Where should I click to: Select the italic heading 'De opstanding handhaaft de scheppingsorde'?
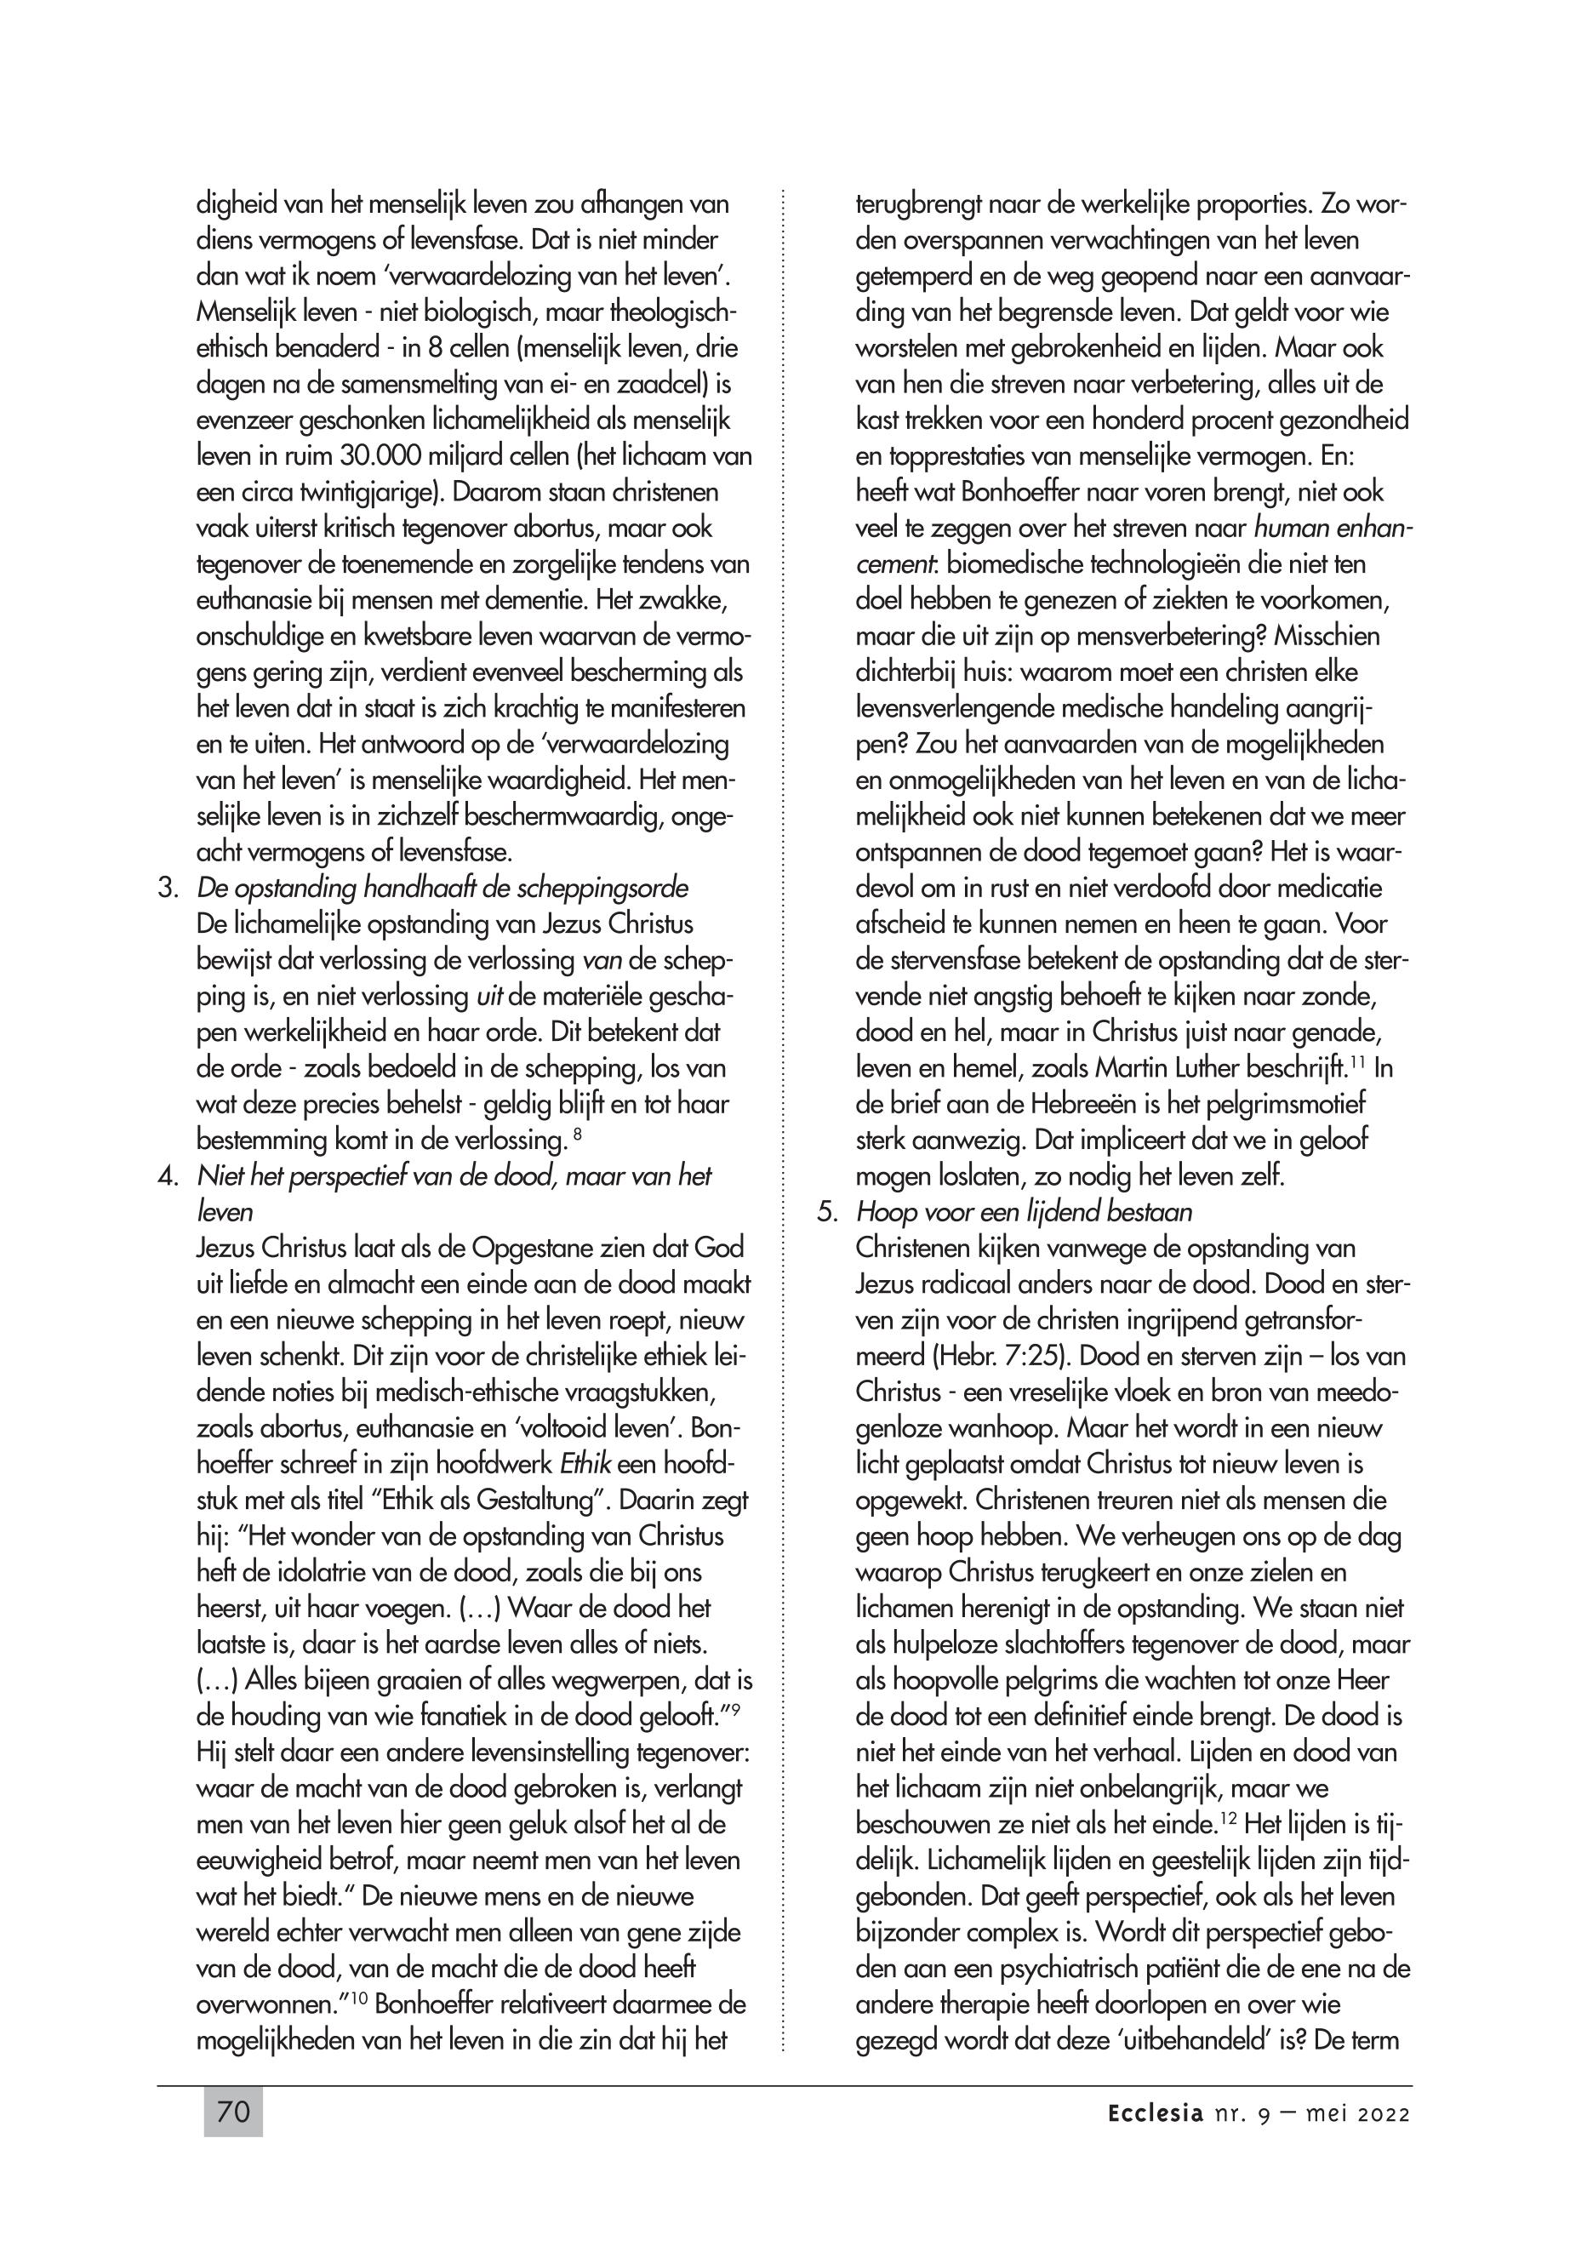pyautogui.click(x=442, y=889)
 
